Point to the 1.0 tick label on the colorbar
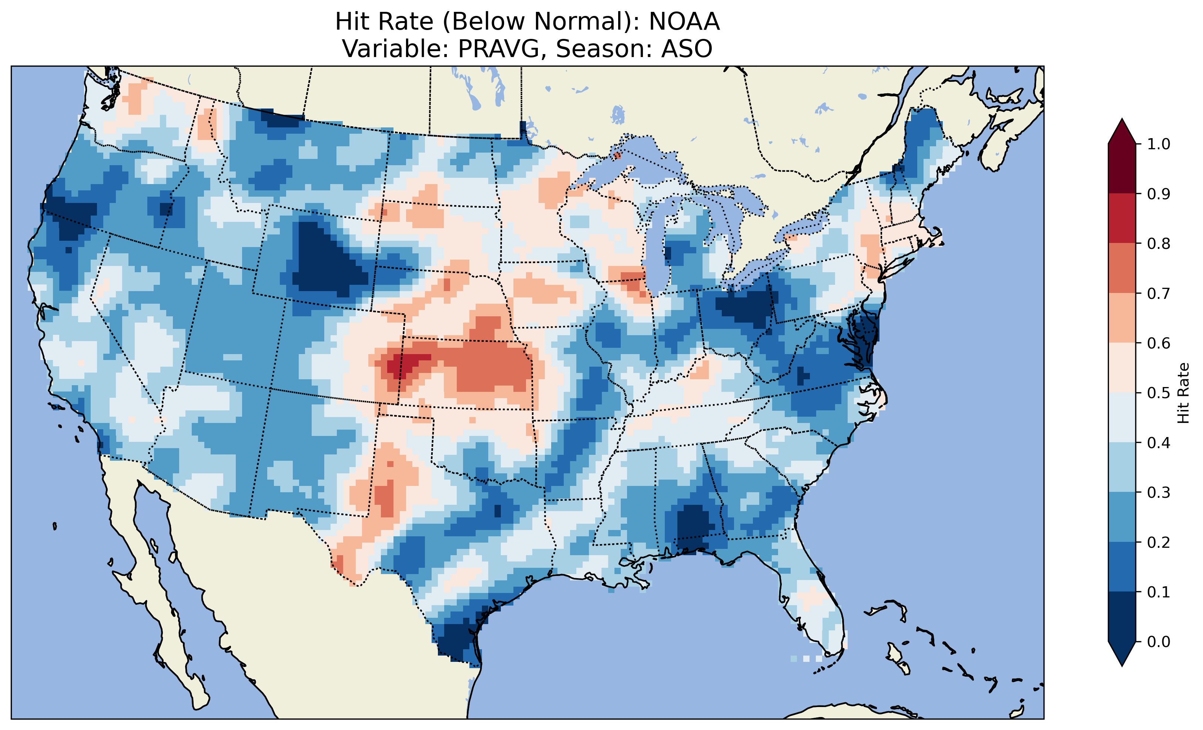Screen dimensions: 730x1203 point(1158,144)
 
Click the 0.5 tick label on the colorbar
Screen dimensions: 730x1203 point(1158,393)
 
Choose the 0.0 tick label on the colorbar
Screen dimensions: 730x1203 point(1158,641)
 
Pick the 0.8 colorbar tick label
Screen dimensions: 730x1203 point(1158,243)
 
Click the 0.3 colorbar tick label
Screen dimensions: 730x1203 point(1158,493)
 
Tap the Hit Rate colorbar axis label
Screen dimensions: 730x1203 point(1183,393)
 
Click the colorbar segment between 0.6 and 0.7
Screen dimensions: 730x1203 point(1122,318)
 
